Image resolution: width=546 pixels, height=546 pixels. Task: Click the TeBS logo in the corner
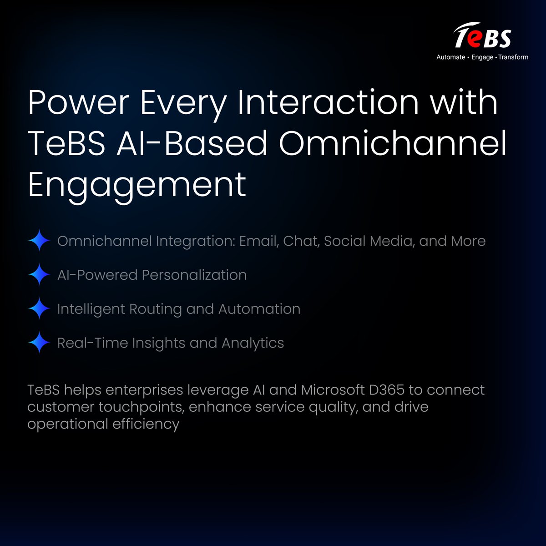pos(482,36)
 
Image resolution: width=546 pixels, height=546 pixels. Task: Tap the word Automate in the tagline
pos(450,57)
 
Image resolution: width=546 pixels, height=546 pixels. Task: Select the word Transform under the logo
pos(513,57)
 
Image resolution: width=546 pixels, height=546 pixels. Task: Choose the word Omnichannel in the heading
pos(392,144)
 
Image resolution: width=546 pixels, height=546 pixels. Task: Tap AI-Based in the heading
pos(191,144)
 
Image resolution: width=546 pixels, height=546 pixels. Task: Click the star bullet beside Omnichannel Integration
pos(39,241)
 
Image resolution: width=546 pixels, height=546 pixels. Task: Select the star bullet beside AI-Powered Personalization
pos(39,275)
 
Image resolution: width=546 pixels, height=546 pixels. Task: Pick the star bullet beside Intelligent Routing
pos(39,309)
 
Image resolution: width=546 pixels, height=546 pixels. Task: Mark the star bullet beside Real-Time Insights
pos(39,343)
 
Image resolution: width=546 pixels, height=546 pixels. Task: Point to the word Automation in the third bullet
pos(259,309)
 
